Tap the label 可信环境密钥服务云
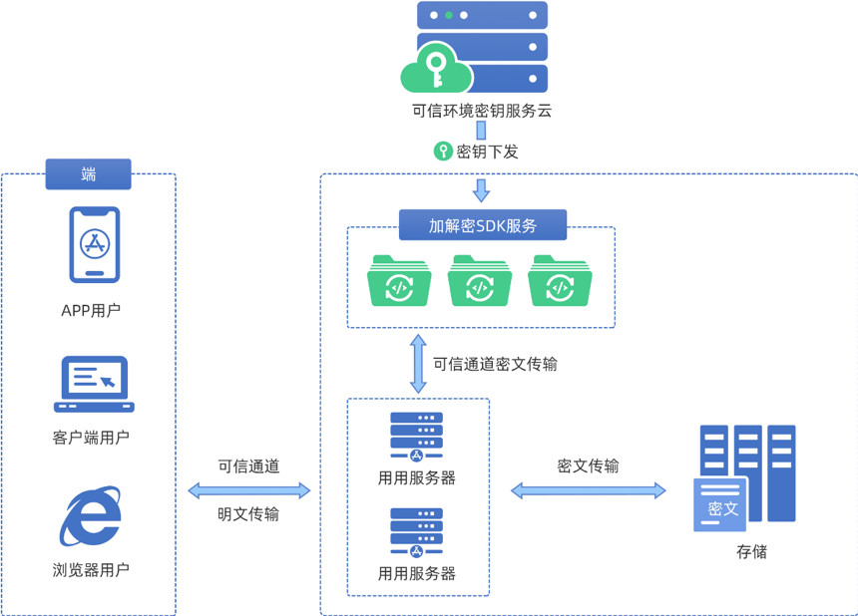[482, 111]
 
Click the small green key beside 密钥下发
[442, 152]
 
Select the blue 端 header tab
[88, 174]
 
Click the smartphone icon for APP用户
[95, 245]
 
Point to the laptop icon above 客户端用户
[94, 385]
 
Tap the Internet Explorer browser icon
[92, 515]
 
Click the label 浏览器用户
[91, 570]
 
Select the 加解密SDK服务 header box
[483, 225]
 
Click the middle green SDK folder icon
[480, 281]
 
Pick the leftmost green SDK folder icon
[400, 281]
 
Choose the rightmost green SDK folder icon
[560, 281]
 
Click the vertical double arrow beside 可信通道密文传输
[417, 363]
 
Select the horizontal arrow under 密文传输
[589, 489]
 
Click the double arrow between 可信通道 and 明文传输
[249, 489]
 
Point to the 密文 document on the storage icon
[721, 505]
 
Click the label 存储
[751, 552]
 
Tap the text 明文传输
[248, 514]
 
